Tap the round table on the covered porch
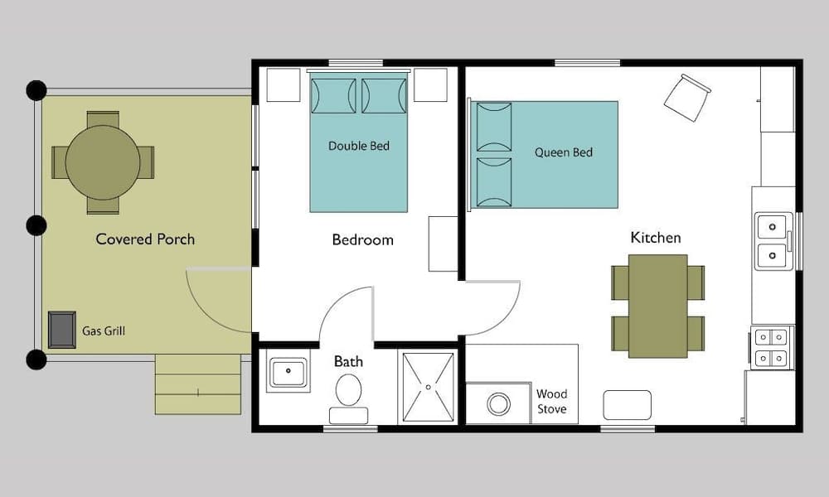coord(103,162)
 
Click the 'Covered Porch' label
coord(145,239)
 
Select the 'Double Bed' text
coord(359,146)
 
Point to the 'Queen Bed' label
coord(564,152)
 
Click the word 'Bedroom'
coord(362,240)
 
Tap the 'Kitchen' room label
coord(656,238)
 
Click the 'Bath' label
coord(348,361)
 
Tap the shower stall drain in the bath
coord(428,386)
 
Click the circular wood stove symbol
coord(498,404)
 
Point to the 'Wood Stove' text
coord(551,402)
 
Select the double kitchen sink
coord(773,240)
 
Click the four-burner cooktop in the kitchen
coord(772,347)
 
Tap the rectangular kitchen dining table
coord(657,306)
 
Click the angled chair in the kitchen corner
coord(687,97)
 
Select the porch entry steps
coord(197,384)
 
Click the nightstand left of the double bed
coord(283,84)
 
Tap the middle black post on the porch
coord(36,224)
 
